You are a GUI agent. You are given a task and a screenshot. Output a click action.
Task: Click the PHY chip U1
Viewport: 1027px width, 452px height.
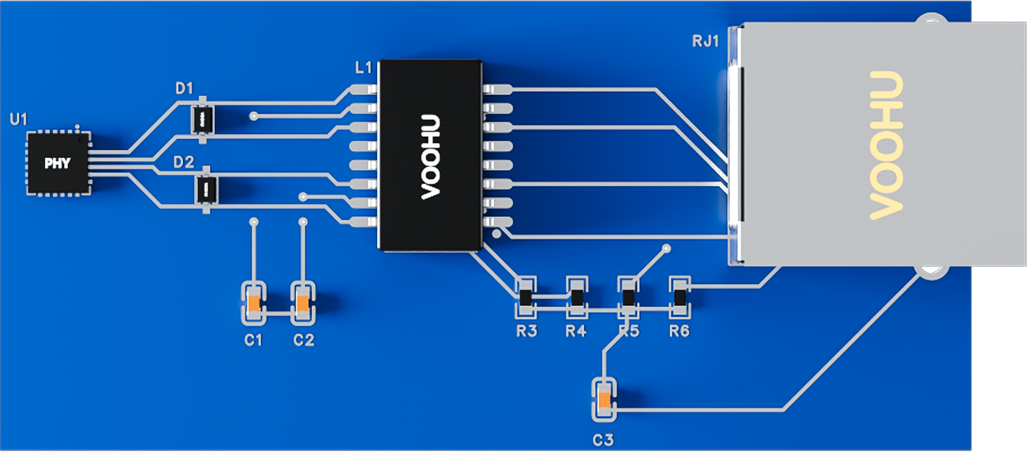58,164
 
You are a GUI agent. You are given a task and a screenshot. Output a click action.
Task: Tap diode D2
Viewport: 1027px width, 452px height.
206,189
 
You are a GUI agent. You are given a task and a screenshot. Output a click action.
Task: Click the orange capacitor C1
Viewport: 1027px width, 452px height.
254,303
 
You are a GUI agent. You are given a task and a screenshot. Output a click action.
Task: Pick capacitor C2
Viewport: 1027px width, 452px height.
303,303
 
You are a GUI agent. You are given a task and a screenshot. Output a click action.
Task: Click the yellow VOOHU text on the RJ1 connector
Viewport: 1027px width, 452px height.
887,145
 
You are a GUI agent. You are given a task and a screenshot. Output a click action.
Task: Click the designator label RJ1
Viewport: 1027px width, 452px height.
705,41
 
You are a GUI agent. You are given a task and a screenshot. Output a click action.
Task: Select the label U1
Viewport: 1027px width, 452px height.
18,120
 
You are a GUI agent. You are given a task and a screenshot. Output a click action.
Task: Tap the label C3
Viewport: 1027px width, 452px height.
603,440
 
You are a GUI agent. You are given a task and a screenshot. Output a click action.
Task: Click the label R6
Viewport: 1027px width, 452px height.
680,331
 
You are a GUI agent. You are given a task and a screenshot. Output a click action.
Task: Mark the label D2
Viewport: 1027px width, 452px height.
184,162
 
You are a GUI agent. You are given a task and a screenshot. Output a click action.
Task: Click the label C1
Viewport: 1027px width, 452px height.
254,340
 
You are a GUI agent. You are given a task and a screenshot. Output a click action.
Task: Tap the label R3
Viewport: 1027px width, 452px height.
526,331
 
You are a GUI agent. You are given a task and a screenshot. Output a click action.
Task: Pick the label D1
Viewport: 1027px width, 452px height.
184,88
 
